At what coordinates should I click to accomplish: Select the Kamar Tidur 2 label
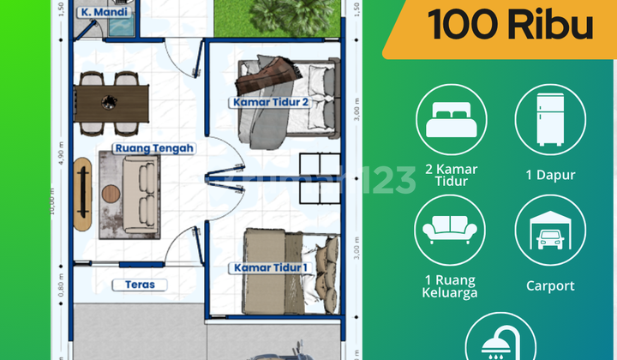269,102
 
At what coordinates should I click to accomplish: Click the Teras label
138,284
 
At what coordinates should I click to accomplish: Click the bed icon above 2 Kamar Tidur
451,119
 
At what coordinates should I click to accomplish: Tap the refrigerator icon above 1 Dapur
550,119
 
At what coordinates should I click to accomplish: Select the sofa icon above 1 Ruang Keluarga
451,231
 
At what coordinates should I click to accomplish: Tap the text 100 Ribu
511,26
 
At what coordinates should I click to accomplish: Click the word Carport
550,286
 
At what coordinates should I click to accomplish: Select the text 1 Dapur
550,175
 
